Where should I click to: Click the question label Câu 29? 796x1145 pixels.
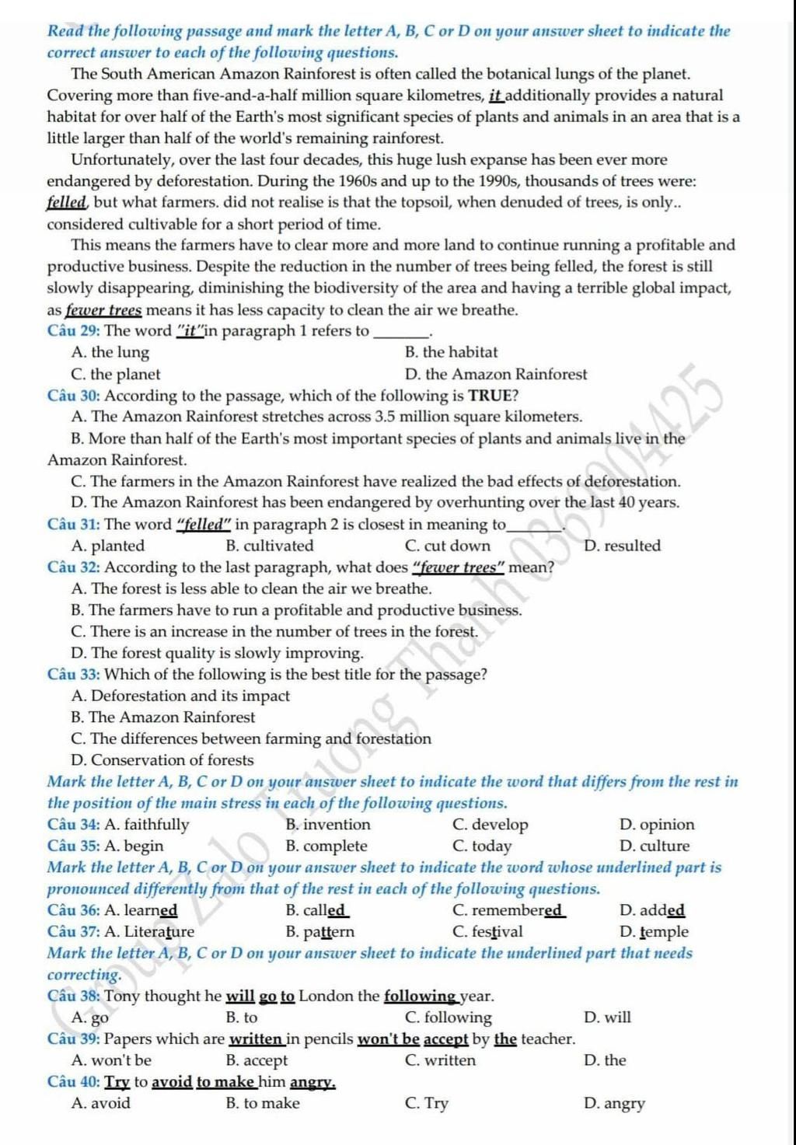coord(74,331)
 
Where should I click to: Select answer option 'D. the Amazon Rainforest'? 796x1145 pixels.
coord(496,374)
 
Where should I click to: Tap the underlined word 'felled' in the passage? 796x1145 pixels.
coord(66,203)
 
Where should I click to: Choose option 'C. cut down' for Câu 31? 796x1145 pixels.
coord(448,546)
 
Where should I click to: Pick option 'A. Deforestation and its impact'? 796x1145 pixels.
coord(180,696)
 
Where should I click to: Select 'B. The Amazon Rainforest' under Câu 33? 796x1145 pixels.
coord(162,717)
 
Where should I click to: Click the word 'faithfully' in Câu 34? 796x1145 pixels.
coord(156,825)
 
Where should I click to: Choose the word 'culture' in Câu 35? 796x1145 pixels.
coord(665,847)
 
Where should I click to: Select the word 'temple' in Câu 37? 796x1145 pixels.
coord(665,932)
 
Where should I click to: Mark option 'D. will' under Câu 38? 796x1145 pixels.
coord(607,1018)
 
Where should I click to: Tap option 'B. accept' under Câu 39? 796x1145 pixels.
coord(257,1060)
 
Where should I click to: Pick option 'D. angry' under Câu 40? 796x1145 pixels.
coord(614,1103)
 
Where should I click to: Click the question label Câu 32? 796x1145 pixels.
coord(74,567)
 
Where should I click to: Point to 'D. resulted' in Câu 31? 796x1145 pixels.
coord(622,546)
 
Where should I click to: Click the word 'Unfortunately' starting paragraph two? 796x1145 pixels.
coord(119,160)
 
